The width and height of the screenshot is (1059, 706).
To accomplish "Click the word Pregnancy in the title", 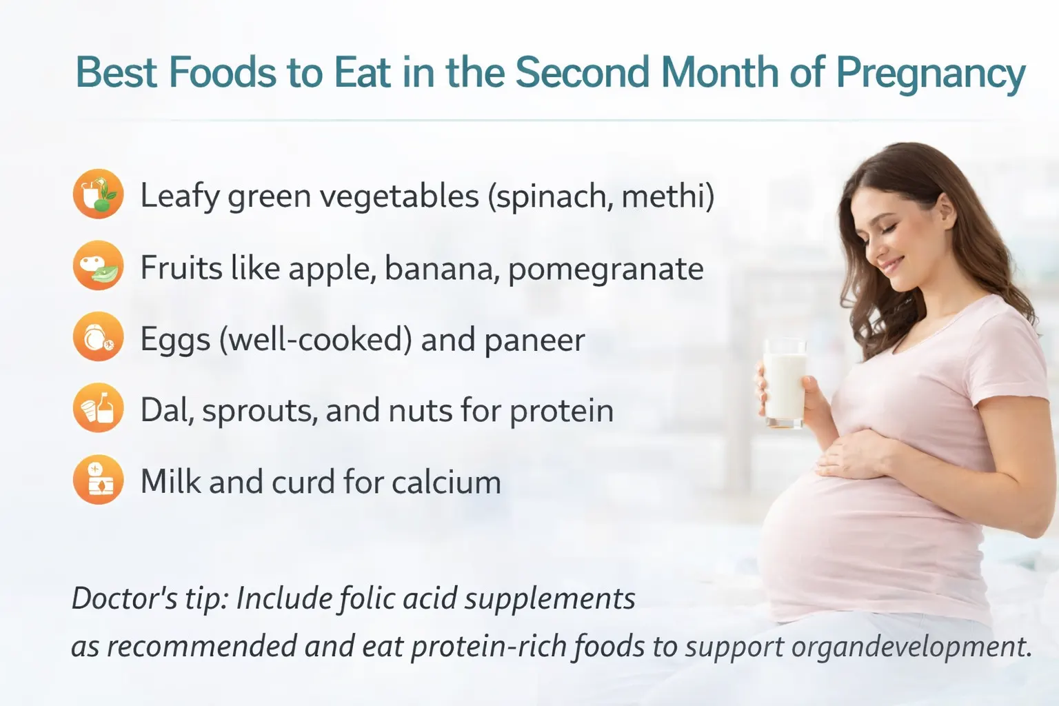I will click(930, 73).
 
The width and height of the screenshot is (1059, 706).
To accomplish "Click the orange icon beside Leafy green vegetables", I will click(98, 194).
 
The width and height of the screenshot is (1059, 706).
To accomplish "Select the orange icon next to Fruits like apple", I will click(98, 265).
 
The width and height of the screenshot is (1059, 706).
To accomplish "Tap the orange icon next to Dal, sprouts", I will click(98, 408).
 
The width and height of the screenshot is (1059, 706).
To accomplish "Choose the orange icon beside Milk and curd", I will click(98, 480).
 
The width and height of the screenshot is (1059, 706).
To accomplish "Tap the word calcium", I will click(446, 482).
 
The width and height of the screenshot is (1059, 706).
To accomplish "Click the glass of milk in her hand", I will click(785, 383).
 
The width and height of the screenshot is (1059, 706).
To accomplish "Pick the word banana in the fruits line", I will click(442, 269).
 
